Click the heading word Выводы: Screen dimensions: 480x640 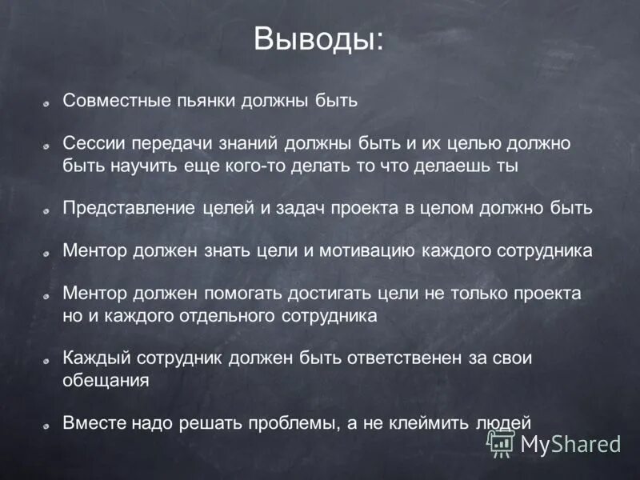[x=318, y=38]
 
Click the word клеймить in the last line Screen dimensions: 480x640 [x=434, y=422]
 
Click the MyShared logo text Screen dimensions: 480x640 [x=570, y=445]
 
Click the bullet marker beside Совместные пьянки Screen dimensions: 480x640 [x=48, y=103]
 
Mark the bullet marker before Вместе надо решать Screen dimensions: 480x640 [x=48, y=423]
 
